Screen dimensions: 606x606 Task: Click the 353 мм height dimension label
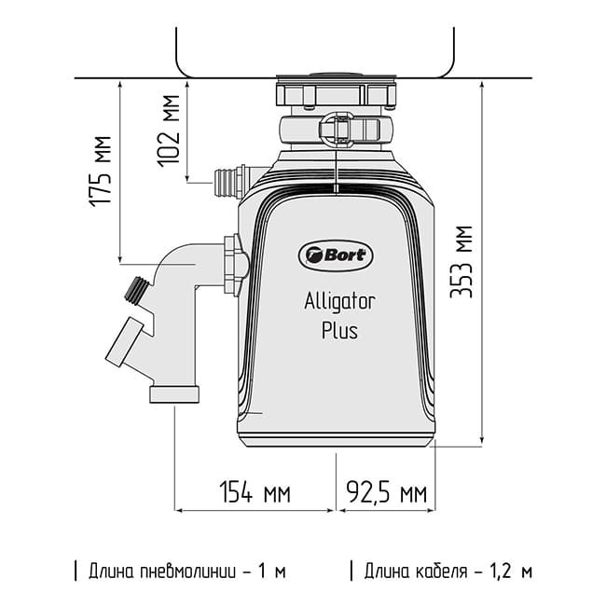click(x=463, y=261)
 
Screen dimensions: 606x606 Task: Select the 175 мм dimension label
click(x=102, y=170)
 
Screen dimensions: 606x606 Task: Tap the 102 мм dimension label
click(x=170, y=130)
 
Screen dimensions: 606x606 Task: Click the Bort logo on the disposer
click(x=336, y=254)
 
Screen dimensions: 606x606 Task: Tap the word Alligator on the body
click(x=338, y=301)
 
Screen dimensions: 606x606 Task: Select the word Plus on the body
click(x=338, y=330)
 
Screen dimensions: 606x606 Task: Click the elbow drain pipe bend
click(x=177, y=270)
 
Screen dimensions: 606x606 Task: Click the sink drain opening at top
click(x=336, y=76)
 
